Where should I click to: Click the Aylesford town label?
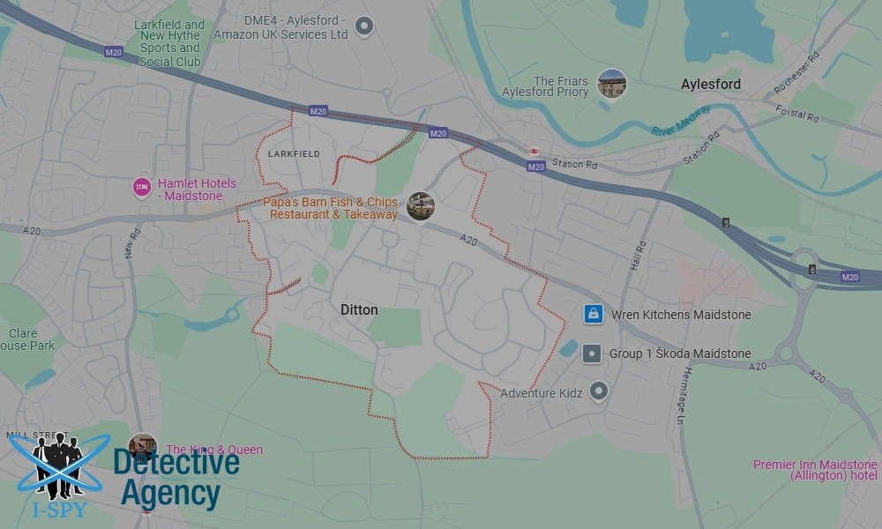coord(711,84)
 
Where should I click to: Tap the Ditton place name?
coord(359,310)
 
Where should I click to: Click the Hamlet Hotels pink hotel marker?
coord(141,187)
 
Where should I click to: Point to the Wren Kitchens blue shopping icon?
coord(594,314)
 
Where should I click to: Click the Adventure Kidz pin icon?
coord(600,391)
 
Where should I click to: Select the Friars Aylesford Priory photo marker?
coord(611,83)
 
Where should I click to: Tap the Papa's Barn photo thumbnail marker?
coord(421,205)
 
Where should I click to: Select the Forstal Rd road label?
coord(798,114)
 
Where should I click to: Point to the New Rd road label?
coord(133,243)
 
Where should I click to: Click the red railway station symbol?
coord(534,151)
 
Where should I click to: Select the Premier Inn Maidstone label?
coord(815,470)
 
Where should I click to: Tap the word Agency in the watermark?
coord(169,494)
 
